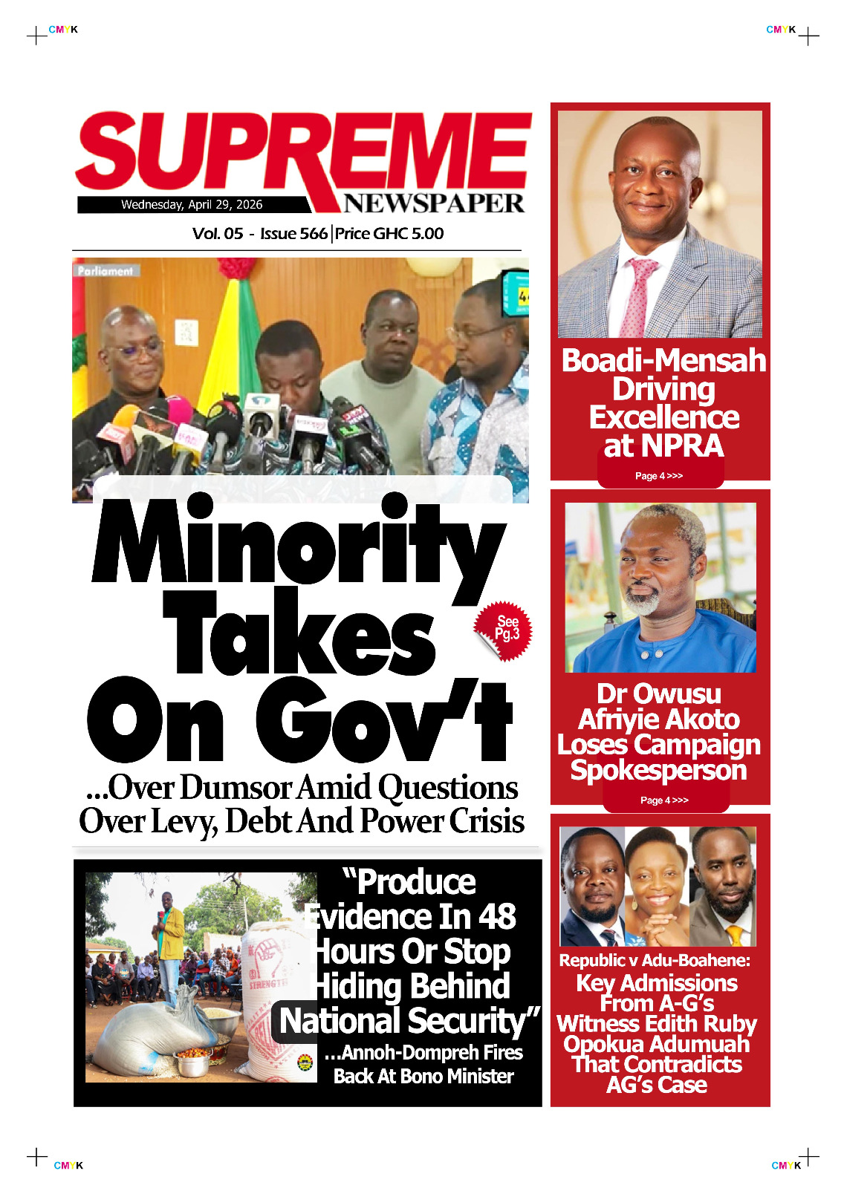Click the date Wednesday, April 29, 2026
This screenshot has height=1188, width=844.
coord(192,205)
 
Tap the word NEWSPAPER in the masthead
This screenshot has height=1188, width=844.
coord(433,203)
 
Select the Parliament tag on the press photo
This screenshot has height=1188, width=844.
coord(105,271)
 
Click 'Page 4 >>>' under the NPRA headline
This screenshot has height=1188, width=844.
coord(659,476)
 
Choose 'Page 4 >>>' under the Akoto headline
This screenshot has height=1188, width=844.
coord(664,800)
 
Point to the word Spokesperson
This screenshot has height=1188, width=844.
coord(658,771)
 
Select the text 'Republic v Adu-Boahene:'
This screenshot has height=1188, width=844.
coord(655,961)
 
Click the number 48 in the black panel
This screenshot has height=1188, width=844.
coord(496,917)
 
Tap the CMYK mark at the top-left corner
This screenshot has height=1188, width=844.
coord(63,30)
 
